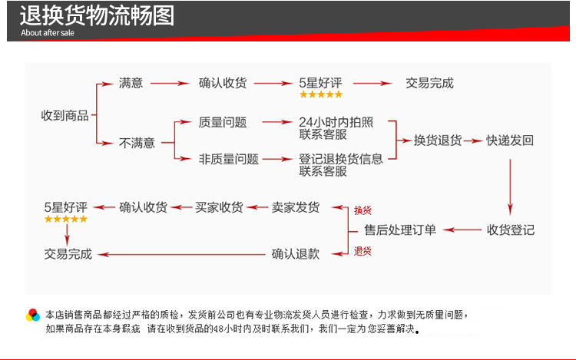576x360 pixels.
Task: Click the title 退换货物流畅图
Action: click(x=97, y=16)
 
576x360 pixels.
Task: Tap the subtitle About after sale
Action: click(x=48, y=33)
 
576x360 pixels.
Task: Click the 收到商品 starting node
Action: click(x=65, y=116)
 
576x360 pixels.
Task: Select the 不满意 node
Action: click(x=137, y=143)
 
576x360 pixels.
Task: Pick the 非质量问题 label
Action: click(x=229, y=159)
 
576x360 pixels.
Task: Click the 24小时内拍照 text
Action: click(x=336, y=122)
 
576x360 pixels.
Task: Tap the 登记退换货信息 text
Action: click(x=340, y=159)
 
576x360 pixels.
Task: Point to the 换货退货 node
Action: click(x=438, y=140)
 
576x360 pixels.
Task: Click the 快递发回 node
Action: click(x=510, y=140)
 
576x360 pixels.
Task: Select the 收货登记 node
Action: click(x=511, y=230)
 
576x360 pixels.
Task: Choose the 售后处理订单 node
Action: click(x=400, y=230)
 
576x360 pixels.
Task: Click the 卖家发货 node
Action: click(x=296, y=207)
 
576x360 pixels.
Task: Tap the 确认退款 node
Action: click(x=296, y=254)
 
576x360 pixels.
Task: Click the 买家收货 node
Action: click(x=219, y=207)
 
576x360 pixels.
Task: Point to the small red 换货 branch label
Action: click(x=362, y=210)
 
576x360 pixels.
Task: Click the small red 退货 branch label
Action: click(x=362, y=251)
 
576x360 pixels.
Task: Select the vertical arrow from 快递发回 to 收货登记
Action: click(x=510, y=187)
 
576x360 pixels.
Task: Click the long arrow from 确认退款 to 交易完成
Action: click(x=181, y=254)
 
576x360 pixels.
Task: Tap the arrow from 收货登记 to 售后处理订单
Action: click(x=462, y=230)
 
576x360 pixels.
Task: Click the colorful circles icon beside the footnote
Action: click(x=33, y=315)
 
